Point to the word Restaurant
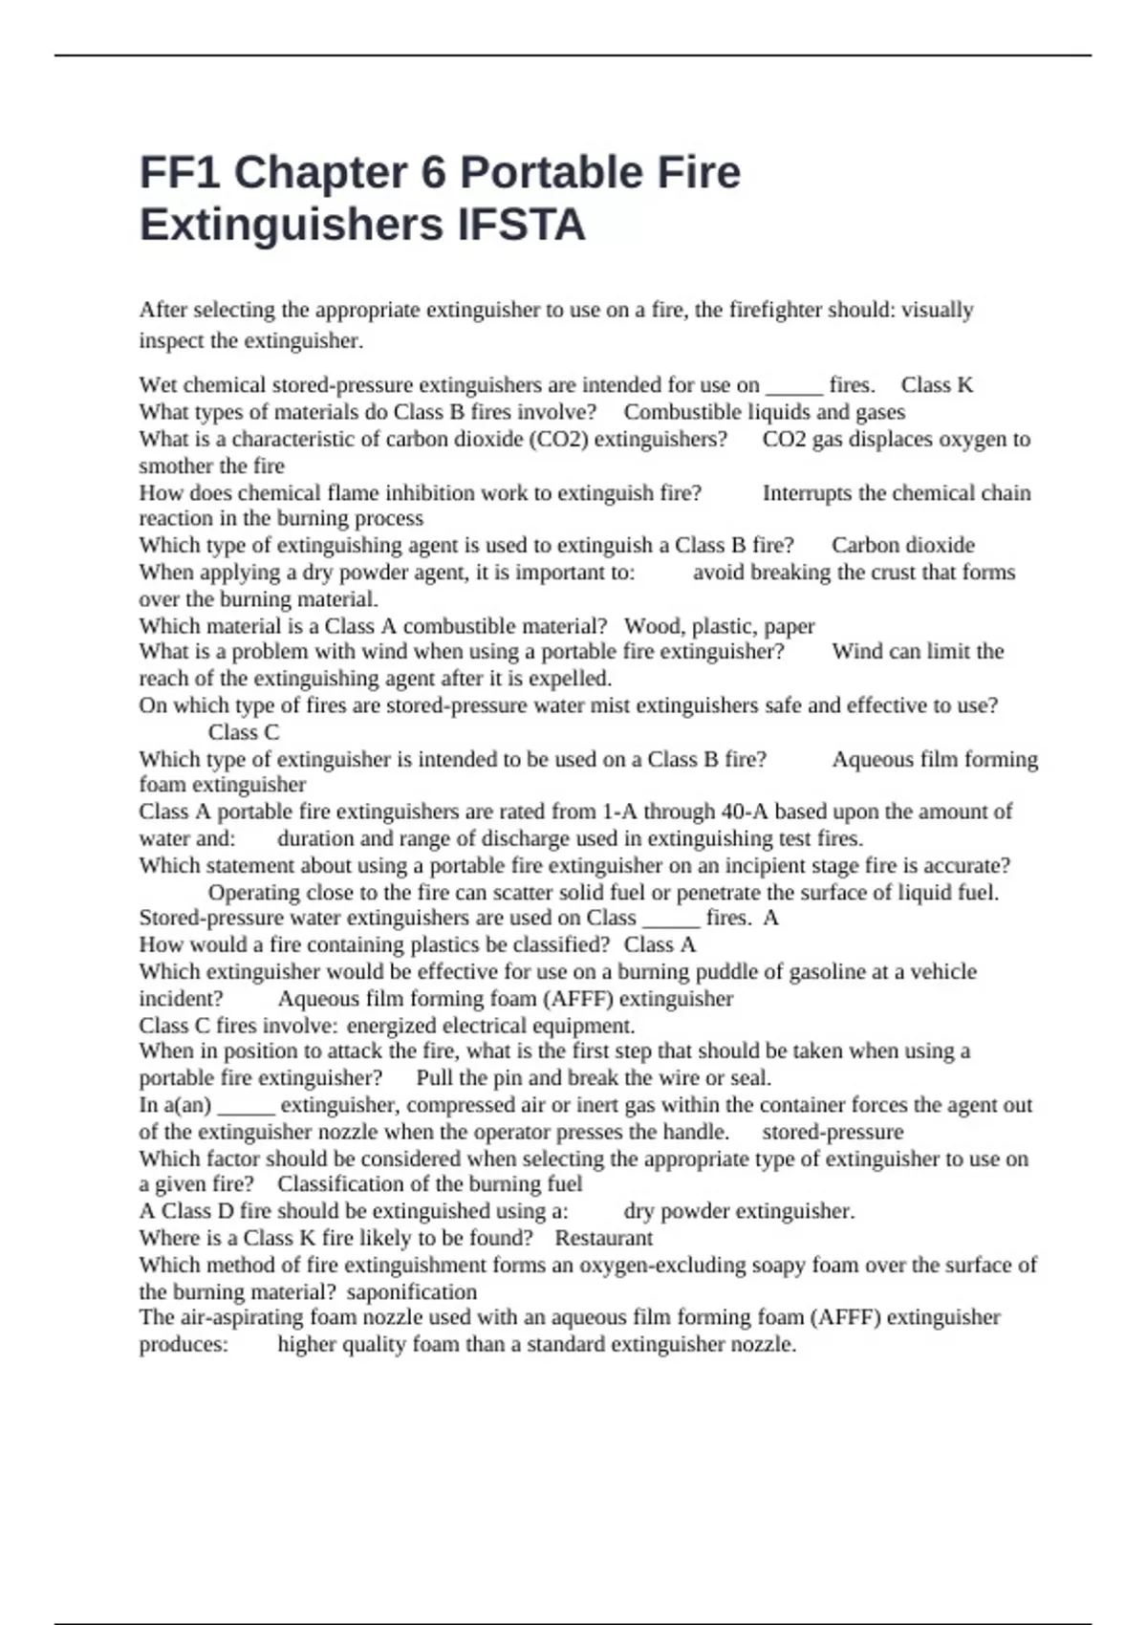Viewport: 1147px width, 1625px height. pyautogui.click(x=603, y=1238)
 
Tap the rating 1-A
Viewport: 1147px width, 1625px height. pyautogui.click(x=619, y=812)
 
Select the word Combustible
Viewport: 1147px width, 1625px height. pyautogui.click(x=682, y=412)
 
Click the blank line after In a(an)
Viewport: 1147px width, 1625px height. pyautogui.click(x=247, y=1105)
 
